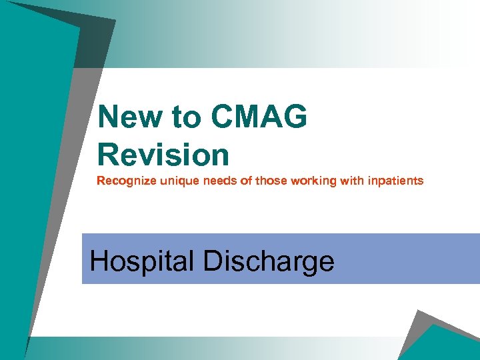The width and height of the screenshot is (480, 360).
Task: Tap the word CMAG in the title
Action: (259, 118)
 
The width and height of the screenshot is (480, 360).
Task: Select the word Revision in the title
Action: (163, 155)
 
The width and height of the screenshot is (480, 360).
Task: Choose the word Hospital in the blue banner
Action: (142, 261)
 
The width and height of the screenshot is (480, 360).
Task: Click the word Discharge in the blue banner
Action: (268, 261)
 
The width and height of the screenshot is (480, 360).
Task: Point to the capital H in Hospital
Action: (99, 260)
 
